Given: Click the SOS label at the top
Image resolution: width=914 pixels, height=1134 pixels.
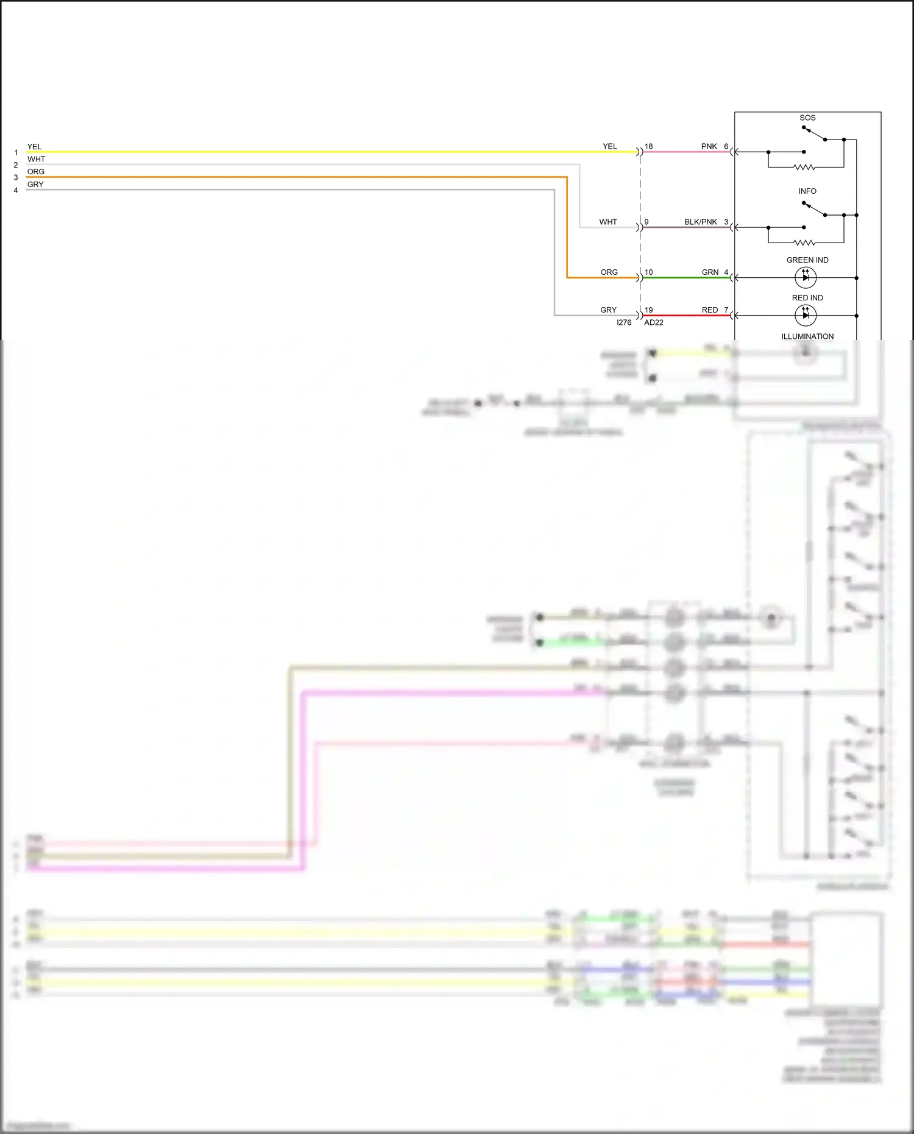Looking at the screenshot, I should pos(807,118).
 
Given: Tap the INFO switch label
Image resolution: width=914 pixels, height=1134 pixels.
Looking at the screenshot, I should pos(807,191).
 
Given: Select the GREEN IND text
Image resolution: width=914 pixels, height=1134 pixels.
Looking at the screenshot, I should pos(807,260).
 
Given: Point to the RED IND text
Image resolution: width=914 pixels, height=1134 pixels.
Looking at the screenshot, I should pos(807,298).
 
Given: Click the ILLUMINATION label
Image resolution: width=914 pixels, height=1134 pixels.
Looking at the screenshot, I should pos(807,336).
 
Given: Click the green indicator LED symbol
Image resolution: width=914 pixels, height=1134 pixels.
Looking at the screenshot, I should pos(806,278).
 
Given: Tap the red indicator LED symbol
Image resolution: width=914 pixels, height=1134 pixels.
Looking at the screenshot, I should pos(806,316).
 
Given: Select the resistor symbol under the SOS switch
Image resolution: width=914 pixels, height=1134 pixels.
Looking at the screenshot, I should pos(804,167).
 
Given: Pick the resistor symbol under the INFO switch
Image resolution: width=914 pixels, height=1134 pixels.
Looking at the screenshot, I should pos(804,243).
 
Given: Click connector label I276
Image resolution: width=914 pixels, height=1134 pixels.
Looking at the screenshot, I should pos(624,322).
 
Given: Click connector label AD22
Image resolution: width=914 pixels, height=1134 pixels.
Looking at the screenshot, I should pos(654,322).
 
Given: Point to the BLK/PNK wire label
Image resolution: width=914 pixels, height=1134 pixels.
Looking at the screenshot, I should pos(701,222).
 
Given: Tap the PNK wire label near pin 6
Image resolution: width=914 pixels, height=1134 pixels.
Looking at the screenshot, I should pos(709,146).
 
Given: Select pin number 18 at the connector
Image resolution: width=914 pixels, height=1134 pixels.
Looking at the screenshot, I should pos(649,146).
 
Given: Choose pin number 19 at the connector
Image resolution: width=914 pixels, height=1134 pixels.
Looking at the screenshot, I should pos(649,310).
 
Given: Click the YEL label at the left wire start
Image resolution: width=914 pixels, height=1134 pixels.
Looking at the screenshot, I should pos(34,146).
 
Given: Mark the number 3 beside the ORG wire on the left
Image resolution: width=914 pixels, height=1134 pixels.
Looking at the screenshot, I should pos(16,177).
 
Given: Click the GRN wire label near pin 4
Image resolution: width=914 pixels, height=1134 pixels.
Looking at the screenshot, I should pos(710,272).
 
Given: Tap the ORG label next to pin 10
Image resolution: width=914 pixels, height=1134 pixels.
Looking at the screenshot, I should pos(609,272).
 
